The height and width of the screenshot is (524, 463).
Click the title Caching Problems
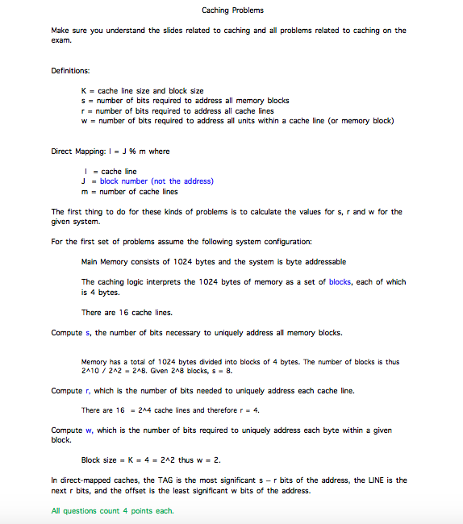232,10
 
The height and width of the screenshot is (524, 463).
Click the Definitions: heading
71,71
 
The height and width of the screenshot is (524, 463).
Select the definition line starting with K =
143,91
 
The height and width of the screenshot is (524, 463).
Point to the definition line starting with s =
186,101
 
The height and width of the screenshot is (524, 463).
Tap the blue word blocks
340,282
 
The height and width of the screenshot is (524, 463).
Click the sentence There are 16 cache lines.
127,313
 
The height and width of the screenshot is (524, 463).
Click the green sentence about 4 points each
112,510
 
